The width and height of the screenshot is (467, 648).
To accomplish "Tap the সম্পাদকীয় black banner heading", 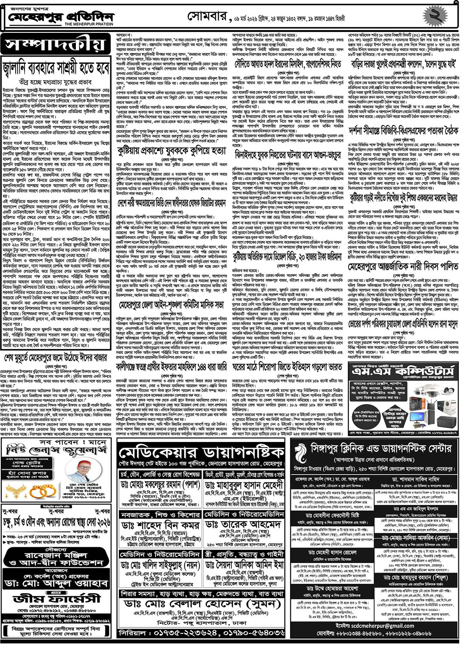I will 55,45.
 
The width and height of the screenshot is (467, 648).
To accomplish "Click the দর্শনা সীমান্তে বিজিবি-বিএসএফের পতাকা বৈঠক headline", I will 403,131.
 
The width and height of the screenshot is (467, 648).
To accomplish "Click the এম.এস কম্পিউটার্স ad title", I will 403,371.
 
